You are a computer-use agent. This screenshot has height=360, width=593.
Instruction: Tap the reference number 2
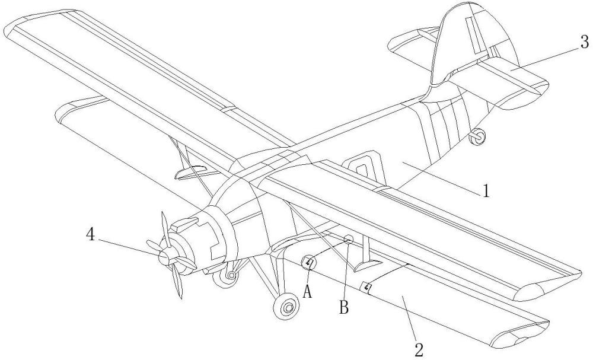point(419,349)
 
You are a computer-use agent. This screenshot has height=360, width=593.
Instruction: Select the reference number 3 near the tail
point(584,42)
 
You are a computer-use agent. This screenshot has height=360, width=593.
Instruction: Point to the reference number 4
point(91,234)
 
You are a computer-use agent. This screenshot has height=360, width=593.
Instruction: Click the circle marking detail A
point(308,263)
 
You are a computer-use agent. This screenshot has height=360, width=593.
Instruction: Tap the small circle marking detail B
point(349,239)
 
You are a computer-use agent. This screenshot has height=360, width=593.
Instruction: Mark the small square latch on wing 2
point(368,288)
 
